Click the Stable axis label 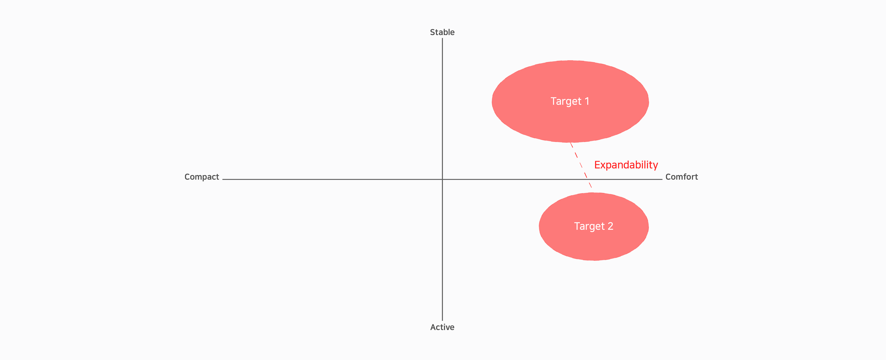(x=442, y=32)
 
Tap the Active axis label (x=442, y=327)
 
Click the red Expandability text (x=626, y=165)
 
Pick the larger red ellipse (x=570, y=101)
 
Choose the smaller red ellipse (x=594, y=227)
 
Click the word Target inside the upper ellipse (x=566, y=101)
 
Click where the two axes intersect (x=442, y=179)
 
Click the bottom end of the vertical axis (x=442, y=321)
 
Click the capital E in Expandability (x=597, y=165)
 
